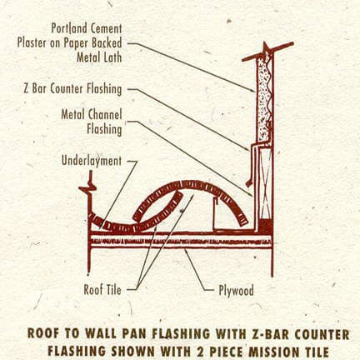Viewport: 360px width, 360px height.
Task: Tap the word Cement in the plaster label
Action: pyautogui.click(x=107, y=28)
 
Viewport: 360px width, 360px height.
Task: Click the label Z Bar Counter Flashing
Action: pyautogui.click(x=72, y=89)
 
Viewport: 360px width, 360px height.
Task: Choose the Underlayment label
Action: pyautogui.click(x=92, y=161)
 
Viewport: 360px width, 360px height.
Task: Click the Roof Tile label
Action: pyautogui.click(x=102, y=290)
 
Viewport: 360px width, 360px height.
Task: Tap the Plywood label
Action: pyautogui.click(x=236, y=291)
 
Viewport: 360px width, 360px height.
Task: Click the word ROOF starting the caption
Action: pyautogui.click(x=45, y=333)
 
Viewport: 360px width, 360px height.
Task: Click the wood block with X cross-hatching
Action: pyautogui.click(x=265, y=183)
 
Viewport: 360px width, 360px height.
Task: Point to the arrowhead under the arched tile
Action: pyautogui.click(x=192, y=197)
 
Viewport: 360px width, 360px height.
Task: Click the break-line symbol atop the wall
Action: pyautogui.click(x=267, y=52)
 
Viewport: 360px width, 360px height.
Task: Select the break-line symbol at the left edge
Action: pyautogui.click(x=88, y=186)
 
